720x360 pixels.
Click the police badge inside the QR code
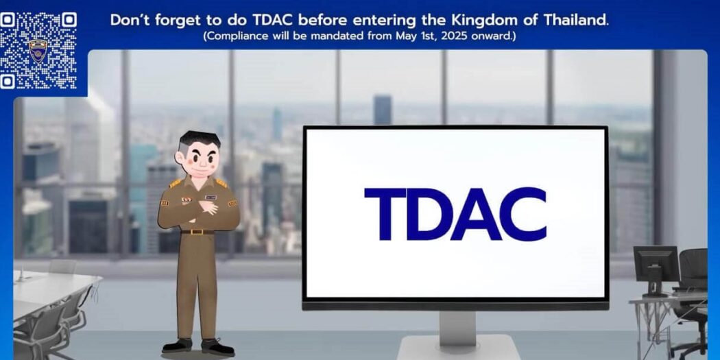(x=38, y=51)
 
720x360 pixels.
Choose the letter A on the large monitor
(x=475, y=213)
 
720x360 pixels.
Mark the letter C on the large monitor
(x=523, y=213)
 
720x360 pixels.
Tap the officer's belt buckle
(x=198, y=232)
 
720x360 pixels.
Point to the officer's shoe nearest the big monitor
(x=217, y=347)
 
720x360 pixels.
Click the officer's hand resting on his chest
(x=208, y=207)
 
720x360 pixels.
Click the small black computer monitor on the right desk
(x=656, y=265)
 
